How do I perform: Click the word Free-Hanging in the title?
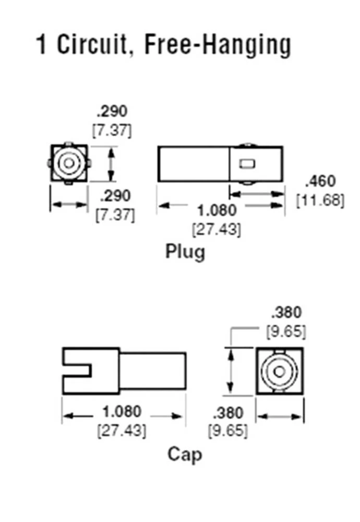click(x=217, y=45)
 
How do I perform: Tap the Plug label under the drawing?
click(x=186, y=252)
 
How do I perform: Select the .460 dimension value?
click(x=320, y=182)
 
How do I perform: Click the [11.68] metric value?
click(x=320, y=199)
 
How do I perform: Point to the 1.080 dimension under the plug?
click(x=217, y=210)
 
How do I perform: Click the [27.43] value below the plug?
click(x=217, y=229)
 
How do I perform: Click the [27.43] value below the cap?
click(x=122, y=431)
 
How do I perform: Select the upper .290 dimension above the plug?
click(x=112, y=111)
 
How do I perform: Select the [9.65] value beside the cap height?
click(x=286, y=331)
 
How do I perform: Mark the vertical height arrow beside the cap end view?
click(x=230, y=372)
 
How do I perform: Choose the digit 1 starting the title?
click(x=41, y=45)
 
